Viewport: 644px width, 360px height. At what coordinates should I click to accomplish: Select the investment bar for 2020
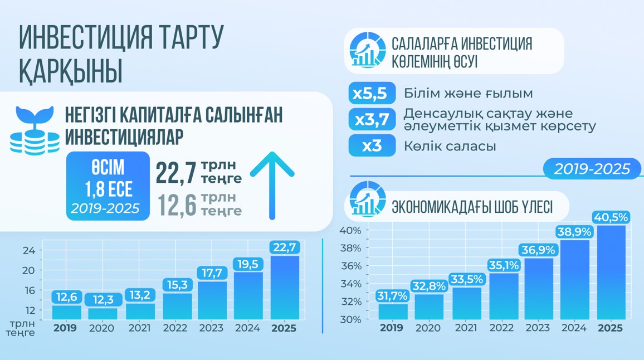[x=103, y=313]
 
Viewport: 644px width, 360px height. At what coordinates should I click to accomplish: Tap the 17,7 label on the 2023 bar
[x=212, y=273]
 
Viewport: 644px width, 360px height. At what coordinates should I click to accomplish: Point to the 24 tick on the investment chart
[x=29, y=250]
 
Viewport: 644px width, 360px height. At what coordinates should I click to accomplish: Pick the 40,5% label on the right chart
[x=611, y=217]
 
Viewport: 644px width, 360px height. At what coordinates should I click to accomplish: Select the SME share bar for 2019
[x=393, y=312]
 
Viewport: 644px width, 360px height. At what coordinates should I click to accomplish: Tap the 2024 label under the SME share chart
[x=573, y=328]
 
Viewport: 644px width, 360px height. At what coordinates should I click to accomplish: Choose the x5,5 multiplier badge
[x=372, y=93]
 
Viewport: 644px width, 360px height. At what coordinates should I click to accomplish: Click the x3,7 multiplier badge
[x=372, y=119]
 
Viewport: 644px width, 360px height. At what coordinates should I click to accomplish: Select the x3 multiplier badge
[x=372, y=146]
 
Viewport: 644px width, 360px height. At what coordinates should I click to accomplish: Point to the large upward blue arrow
[x=272, y=184]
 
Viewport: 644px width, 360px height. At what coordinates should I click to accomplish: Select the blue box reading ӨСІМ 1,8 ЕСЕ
[x=108, y=186]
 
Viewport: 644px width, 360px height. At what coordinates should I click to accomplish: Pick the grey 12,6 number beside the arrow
[x=177, y=205]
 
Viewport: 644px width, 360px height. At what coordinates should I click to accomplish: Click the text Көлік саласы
[x=450, y=147]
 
